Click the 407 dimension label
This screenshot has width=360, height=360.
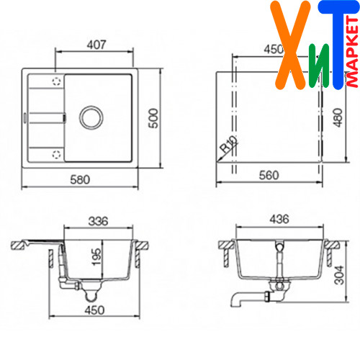[x=96, y=45]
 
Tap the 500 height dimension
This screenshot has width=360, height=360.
[x=153, y=118]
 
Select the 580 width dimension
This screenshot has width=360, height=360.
[x=80, y=180]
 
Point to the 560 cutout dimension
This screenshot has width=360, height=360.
[x=269, y=176]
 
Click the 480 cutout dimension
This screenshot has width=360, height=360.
[x=338, y=117]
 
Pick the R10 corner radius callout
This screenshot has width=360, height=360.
[x=229, y=144]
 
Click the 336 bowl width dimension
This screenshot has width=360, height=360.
[x=98, y=221]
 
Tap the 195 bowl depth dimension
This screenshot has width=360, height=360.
[x=96, y=257]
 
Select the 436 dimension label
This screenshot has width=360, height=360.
[x=279, y=220]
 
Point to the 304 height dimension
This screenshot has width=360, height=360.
[x=339, y=275]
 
